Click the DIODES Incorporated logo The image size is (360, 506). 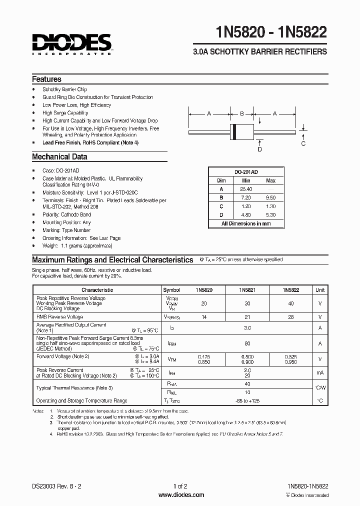[72, 43]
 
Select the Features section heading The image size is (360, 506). [46, 79]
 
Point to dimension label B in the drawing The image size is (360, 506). [241, 114]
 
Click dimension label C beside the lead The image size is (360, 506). [302, 144]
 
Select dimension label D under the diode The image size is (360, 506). [259, 149]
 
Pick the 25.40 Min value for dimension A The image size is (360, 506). [246, 189]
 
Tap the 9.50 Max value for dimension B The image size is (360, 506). [270, 197]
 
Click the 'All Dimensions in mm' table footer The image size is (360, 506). [246, 223]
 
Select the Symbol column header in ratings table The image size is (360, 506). [171, 290]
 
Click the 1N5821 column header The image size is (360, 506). [247, 290]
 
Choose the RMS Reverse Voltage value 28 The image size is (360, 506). [290, 317]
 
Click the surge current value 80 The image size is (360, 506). [247, 344]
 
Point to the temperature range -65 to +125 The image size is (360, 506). [247, 400]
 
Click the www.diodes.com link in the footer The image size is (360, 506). [180, 495]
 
